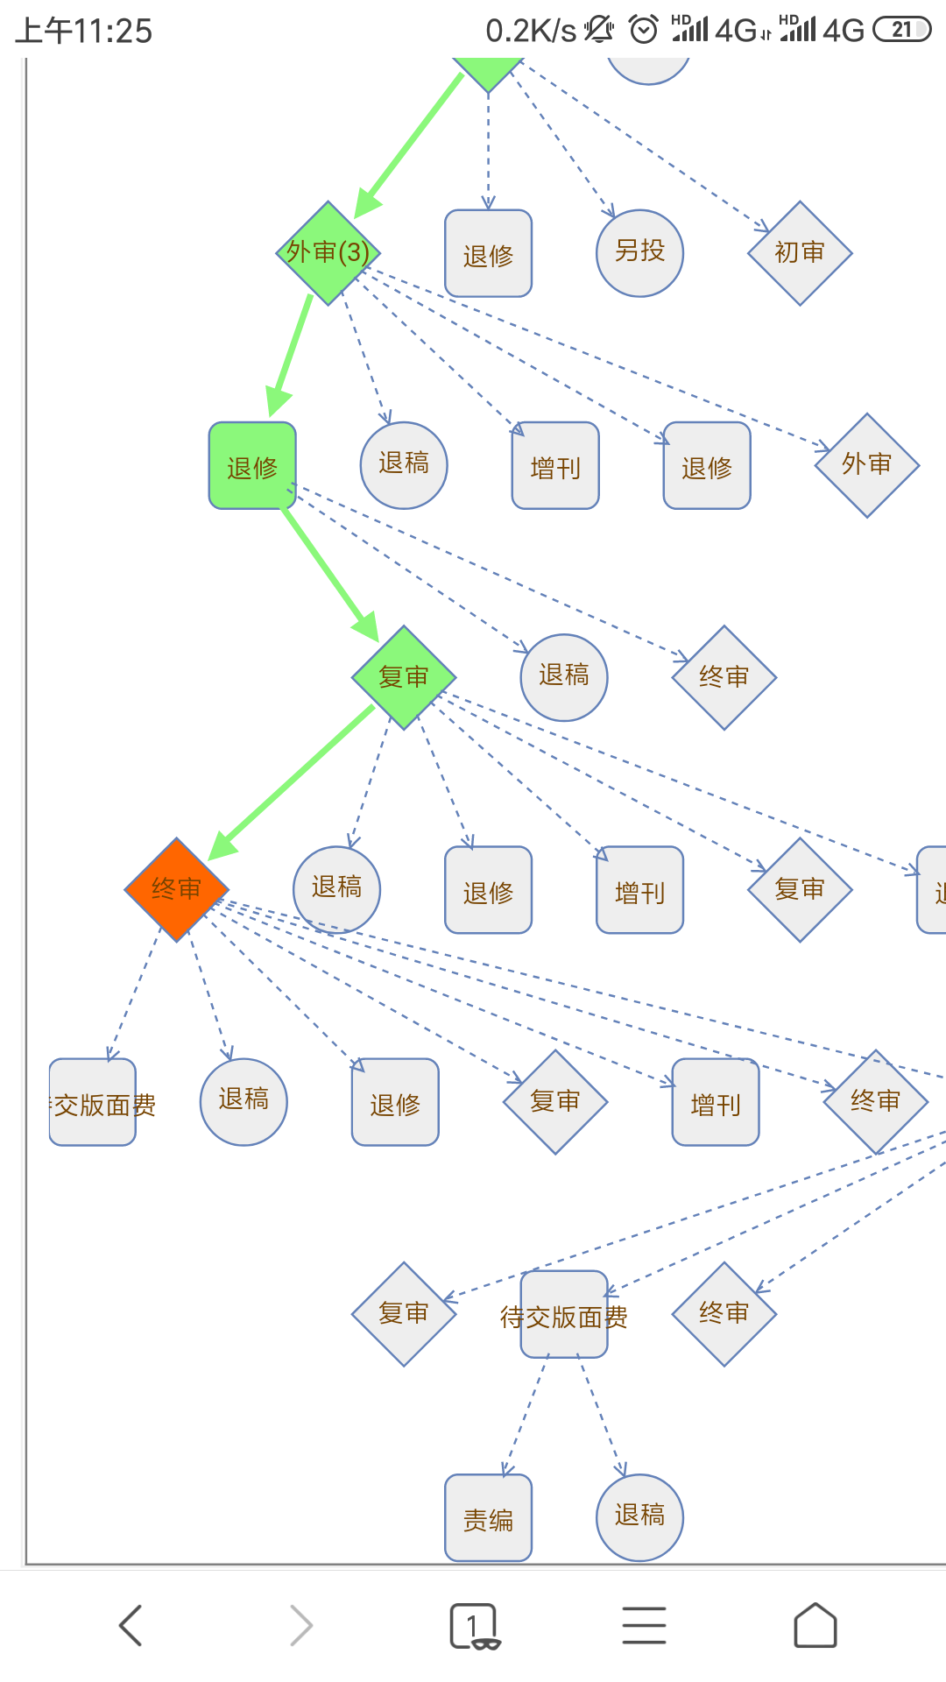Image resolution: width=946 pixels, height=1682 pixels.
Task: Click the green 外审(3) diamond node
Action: pyautogui.click(x=328, y=253)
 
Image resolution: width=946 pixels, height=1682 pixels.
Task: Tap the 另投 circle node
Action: pyautogui.click(x=639, y=253)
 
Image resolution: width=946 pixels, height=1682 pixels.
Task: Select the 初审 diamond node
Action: pyautogui.click(x=800, y=253)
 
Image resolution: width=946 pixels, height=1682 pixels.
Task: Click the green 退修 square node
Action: pyautogui.click(x=252, y=465)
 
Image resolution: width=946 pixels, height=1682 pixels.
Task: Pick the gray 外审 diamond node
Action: pyautogui.click(x=867, y=465)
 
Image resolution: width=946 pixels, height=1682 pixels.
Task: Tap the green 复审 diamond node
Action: pyautogui.click(x=404, y=677)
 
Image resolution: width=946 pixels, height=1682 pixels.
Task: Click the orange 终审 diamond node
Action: pyautogui.click(x=177, y=889)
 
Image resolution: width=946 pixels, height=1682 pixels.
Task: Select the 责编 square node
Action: pyautogui.click(x=488, y=1517)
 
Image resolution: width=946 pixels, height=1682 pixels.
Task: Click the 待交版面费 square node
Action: pyautogui.click(x=564, y=1314)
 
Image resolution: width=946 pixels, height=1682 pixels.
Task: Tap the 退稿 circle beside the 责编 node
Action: pyautogui.click(x=639, y=1517)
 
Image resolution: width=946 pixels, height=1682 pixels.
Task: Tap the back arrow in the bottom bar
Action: pyautogui.click(x=131, y=1626)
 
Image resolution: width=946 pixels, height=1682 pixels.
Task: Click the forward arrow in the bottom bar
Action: pyautogui.click(x=301, y=1626)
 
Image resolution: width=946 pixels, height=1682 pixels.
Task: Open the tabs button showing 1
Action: pyautogui.click(x=474, y=1626)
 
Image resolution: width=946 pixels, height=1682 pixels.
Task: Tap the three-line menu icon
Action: pyautogui.click(x=645, y=1626)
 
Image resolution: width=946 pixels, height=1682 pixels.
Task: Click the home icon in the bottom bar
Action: pyautogui.click(x=815, y=1626)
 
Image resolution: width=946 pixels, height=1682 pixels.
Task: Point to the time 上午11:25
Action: pyautogui.click(x=84, y=32)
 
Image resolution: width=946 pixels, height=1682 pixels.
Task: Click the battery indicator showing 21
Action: pyautogui.click(x=901, y=30)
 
